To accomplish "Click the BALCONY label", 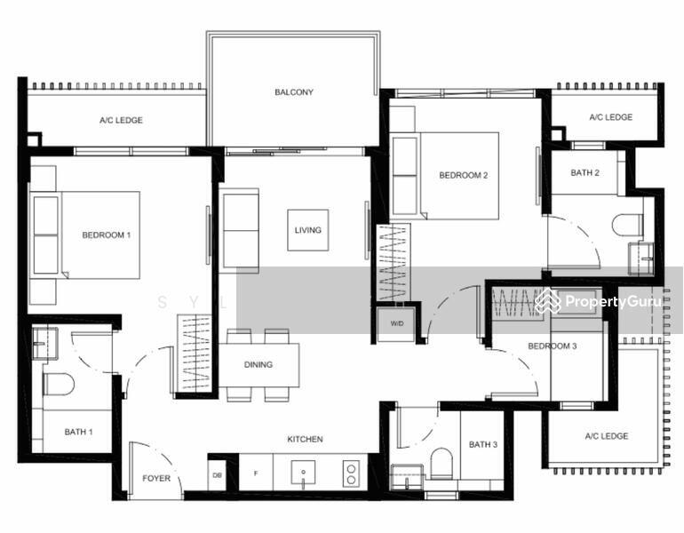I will click(x=293, y=92).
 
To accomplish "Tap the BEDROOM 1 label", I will click(x=107, y=235).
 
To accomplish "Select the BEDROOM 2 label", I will click(x=464, y=176).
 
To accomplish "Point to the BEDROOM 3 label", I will click(x=553, y=346).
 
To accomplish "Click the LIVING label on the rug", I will click(x=308, y=230).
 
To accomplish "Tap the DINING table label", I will click(x=258, y=364).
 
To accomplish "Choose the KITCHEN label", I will click(x=305, y=439).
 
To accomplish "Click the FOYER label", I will click(x=156, y=479).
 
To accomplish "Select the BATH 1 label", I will click(x=79, y=433).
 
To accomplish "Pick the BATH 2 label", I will click(x=585, y=173).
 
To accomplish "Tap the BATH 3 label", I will click(x=483, y=444).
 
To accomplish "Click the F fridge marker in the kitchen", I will click(x=256, y=473).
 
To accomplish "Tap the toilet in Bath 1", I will click(x=59, y=384).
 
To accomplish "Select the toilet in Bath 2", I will click(x=627, y=226).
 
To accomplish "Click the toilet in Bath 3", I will click(x=441, y=463).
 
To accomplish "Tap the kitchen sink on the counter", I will click(x=303, y=473).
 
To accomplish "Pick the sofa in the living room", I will click(x=240, y=230).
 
